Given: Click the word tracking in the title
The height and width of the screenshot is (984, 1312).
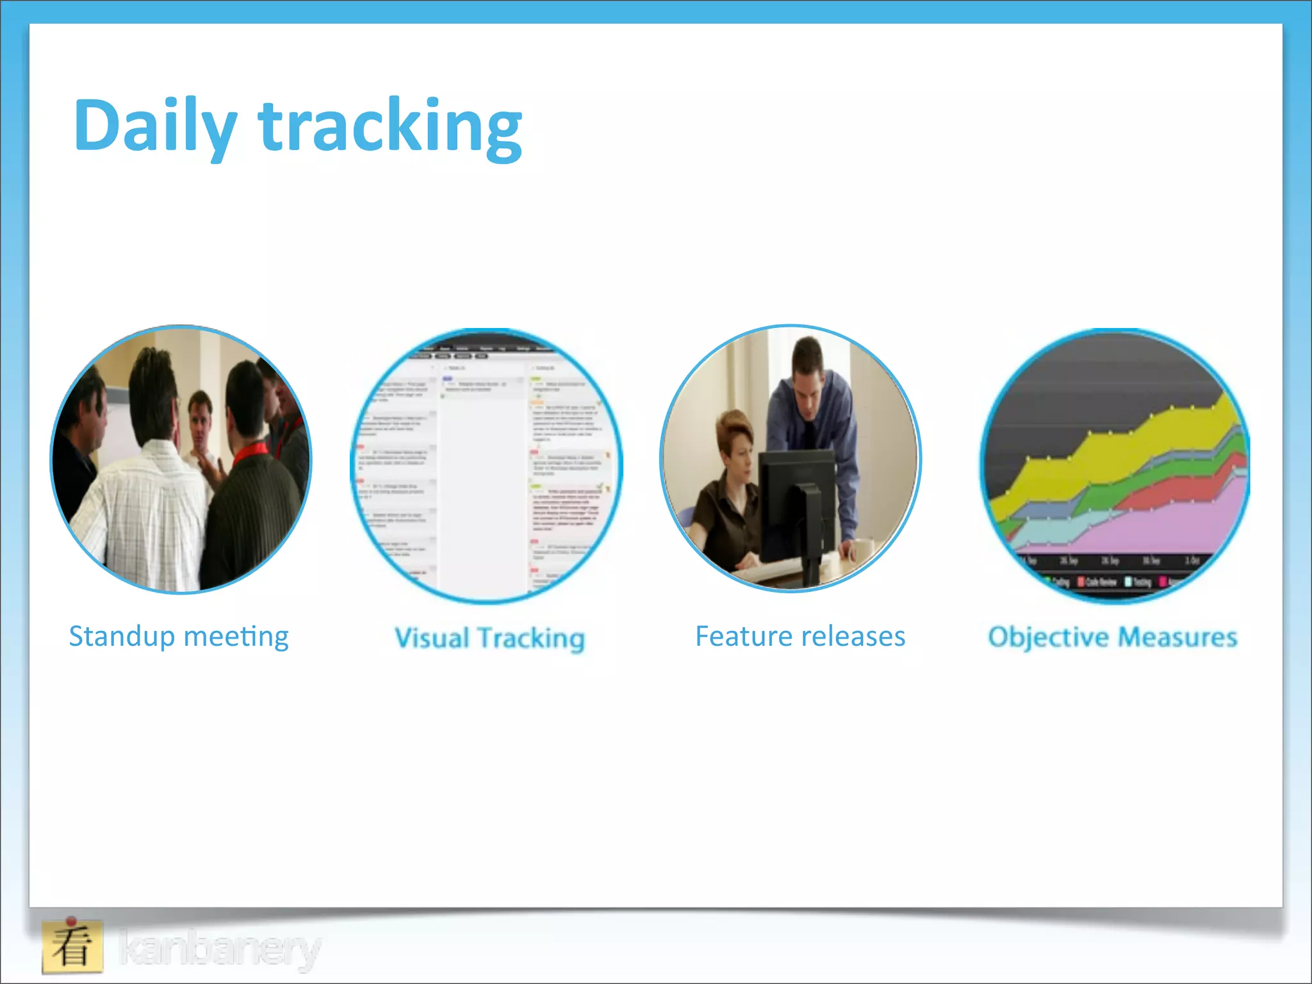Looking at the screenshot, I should [390, 126].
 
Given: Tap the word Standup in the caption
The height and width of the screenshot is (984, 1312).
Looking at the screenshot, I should [122, 637].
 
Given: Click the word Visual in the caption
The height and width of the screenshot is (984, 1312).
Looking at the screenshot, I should [432, 638].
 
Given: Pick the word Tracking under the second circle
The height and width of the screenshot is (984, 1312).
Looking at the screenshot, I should [531, 638].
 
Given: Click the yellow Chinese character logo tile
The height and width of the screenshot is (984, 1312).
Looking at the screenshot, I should [72, 946].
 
